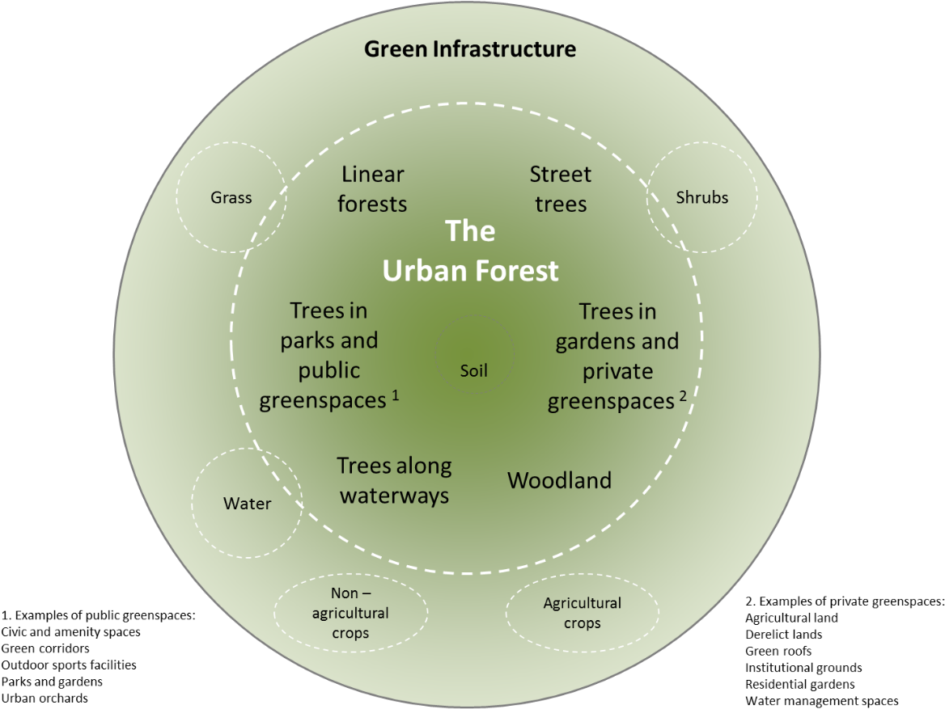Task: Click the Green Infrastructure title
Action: pos(470,49)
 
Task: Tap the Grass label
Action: pos(231,197)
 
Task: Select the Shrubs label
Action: pos(701,197)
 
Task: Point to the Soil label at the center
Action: pos(474,371)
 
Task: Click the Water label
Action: pos(247,504)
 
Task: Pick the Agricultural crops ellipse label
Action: pos(583,613)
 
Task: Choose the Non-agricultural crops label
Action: pos(350,614)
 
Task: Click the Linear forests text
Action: pos(372,189)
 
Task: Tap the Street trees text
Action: pos(561,189)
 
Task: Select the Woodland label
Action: pos(559,480)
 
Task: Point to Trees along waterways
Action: pos(394,480)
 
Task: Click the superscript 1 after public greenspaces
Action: pos(396,395)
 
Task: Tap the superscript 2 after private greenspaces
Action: pos(684,395)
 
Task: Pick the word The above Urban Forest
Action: pos(470,232)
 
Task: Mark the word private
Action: pos(617,372)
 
